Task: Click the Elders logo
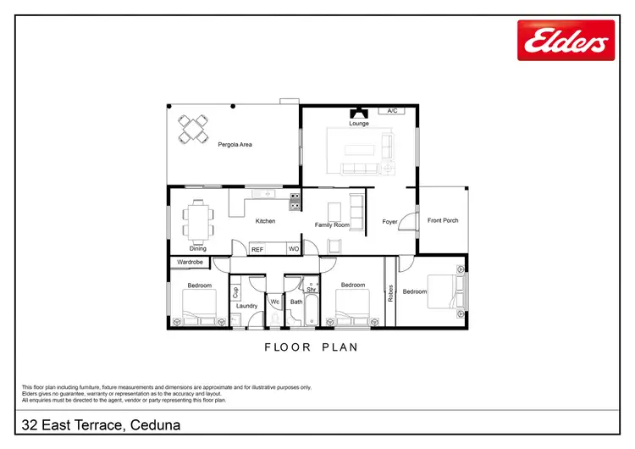coord(566,41)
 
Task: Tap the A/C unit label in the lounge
coord(392,111)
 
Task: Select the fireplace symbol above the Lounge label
coord(358,113)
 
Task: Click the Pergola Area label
coord(235,145)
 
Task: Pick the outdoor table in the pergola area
coord(194,130)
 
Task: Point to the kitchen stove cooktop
coord(295,202)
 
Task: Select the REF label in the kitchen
coord(257,249)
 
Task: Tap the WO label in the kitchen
coord(293,249)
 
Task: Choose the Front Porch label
coord(443,220)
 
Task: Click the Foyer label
coord(389,222)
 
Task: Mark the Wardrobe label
coord(190,263)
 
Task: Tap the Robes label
coord(391,292)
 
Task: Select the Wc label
coord(275,302)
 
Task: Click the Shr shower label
coord(311,289)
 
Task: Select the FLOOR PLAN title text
coord(312,346)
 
